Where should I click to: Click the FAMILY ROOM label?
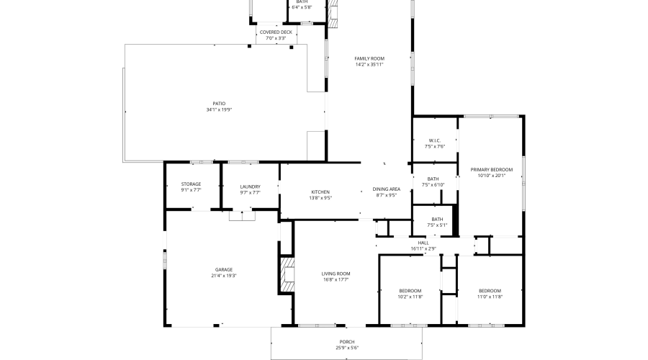369,58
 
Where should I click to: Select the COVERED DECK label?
276,32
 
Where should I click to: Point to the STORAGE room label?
191,184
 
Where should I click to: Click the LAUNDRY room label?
250,186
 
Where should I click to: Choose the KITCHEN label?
320,192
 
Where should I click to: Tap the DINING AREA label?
386,189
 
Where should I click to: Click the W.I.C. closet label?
434,140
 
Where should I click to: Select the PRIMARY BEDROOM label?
491,169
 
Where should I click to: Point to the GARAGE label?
223,269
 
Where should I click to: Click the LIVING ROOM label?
336,274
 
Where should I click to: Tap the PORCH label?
347,342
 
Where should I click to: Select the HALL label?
423,243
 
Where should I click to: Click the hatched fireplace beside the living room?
287,276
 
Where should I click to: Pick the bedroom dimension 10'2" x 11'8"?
410,297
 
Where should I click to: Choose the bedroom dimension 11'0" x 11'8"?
490,297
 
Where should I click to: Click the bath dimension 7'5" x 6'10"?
433,185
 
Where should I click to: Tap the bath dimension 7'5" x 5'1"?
437,225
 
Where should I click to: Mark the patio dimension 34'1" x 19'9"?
219,109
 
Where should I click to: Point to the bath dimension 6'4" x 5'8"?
302,7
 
